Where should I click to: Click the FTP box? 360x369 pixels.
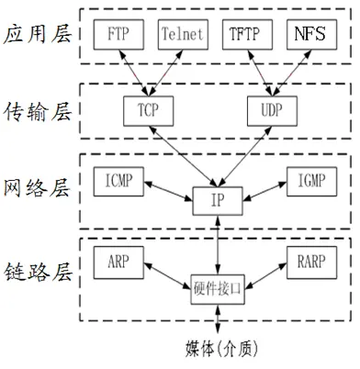(117, 36)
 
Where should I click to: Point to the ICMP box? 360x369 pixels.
(117, 180)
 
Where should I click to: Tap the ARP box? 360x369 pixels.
(117, 259)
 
